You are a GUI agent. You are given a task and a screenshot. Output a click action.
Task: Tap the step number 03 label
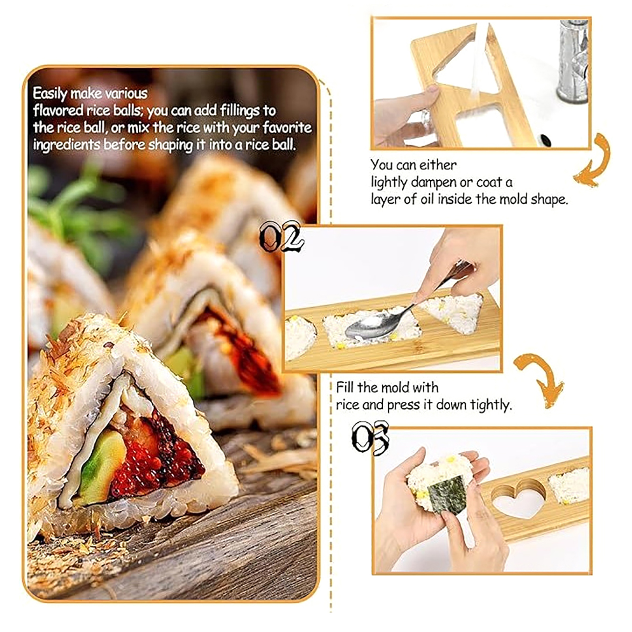371,437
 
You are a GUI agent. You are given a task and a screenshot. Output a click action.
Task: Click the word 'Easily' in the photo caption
50,94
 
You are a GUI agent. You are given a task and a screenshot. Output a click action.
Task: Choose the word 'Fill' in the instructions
345,387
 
